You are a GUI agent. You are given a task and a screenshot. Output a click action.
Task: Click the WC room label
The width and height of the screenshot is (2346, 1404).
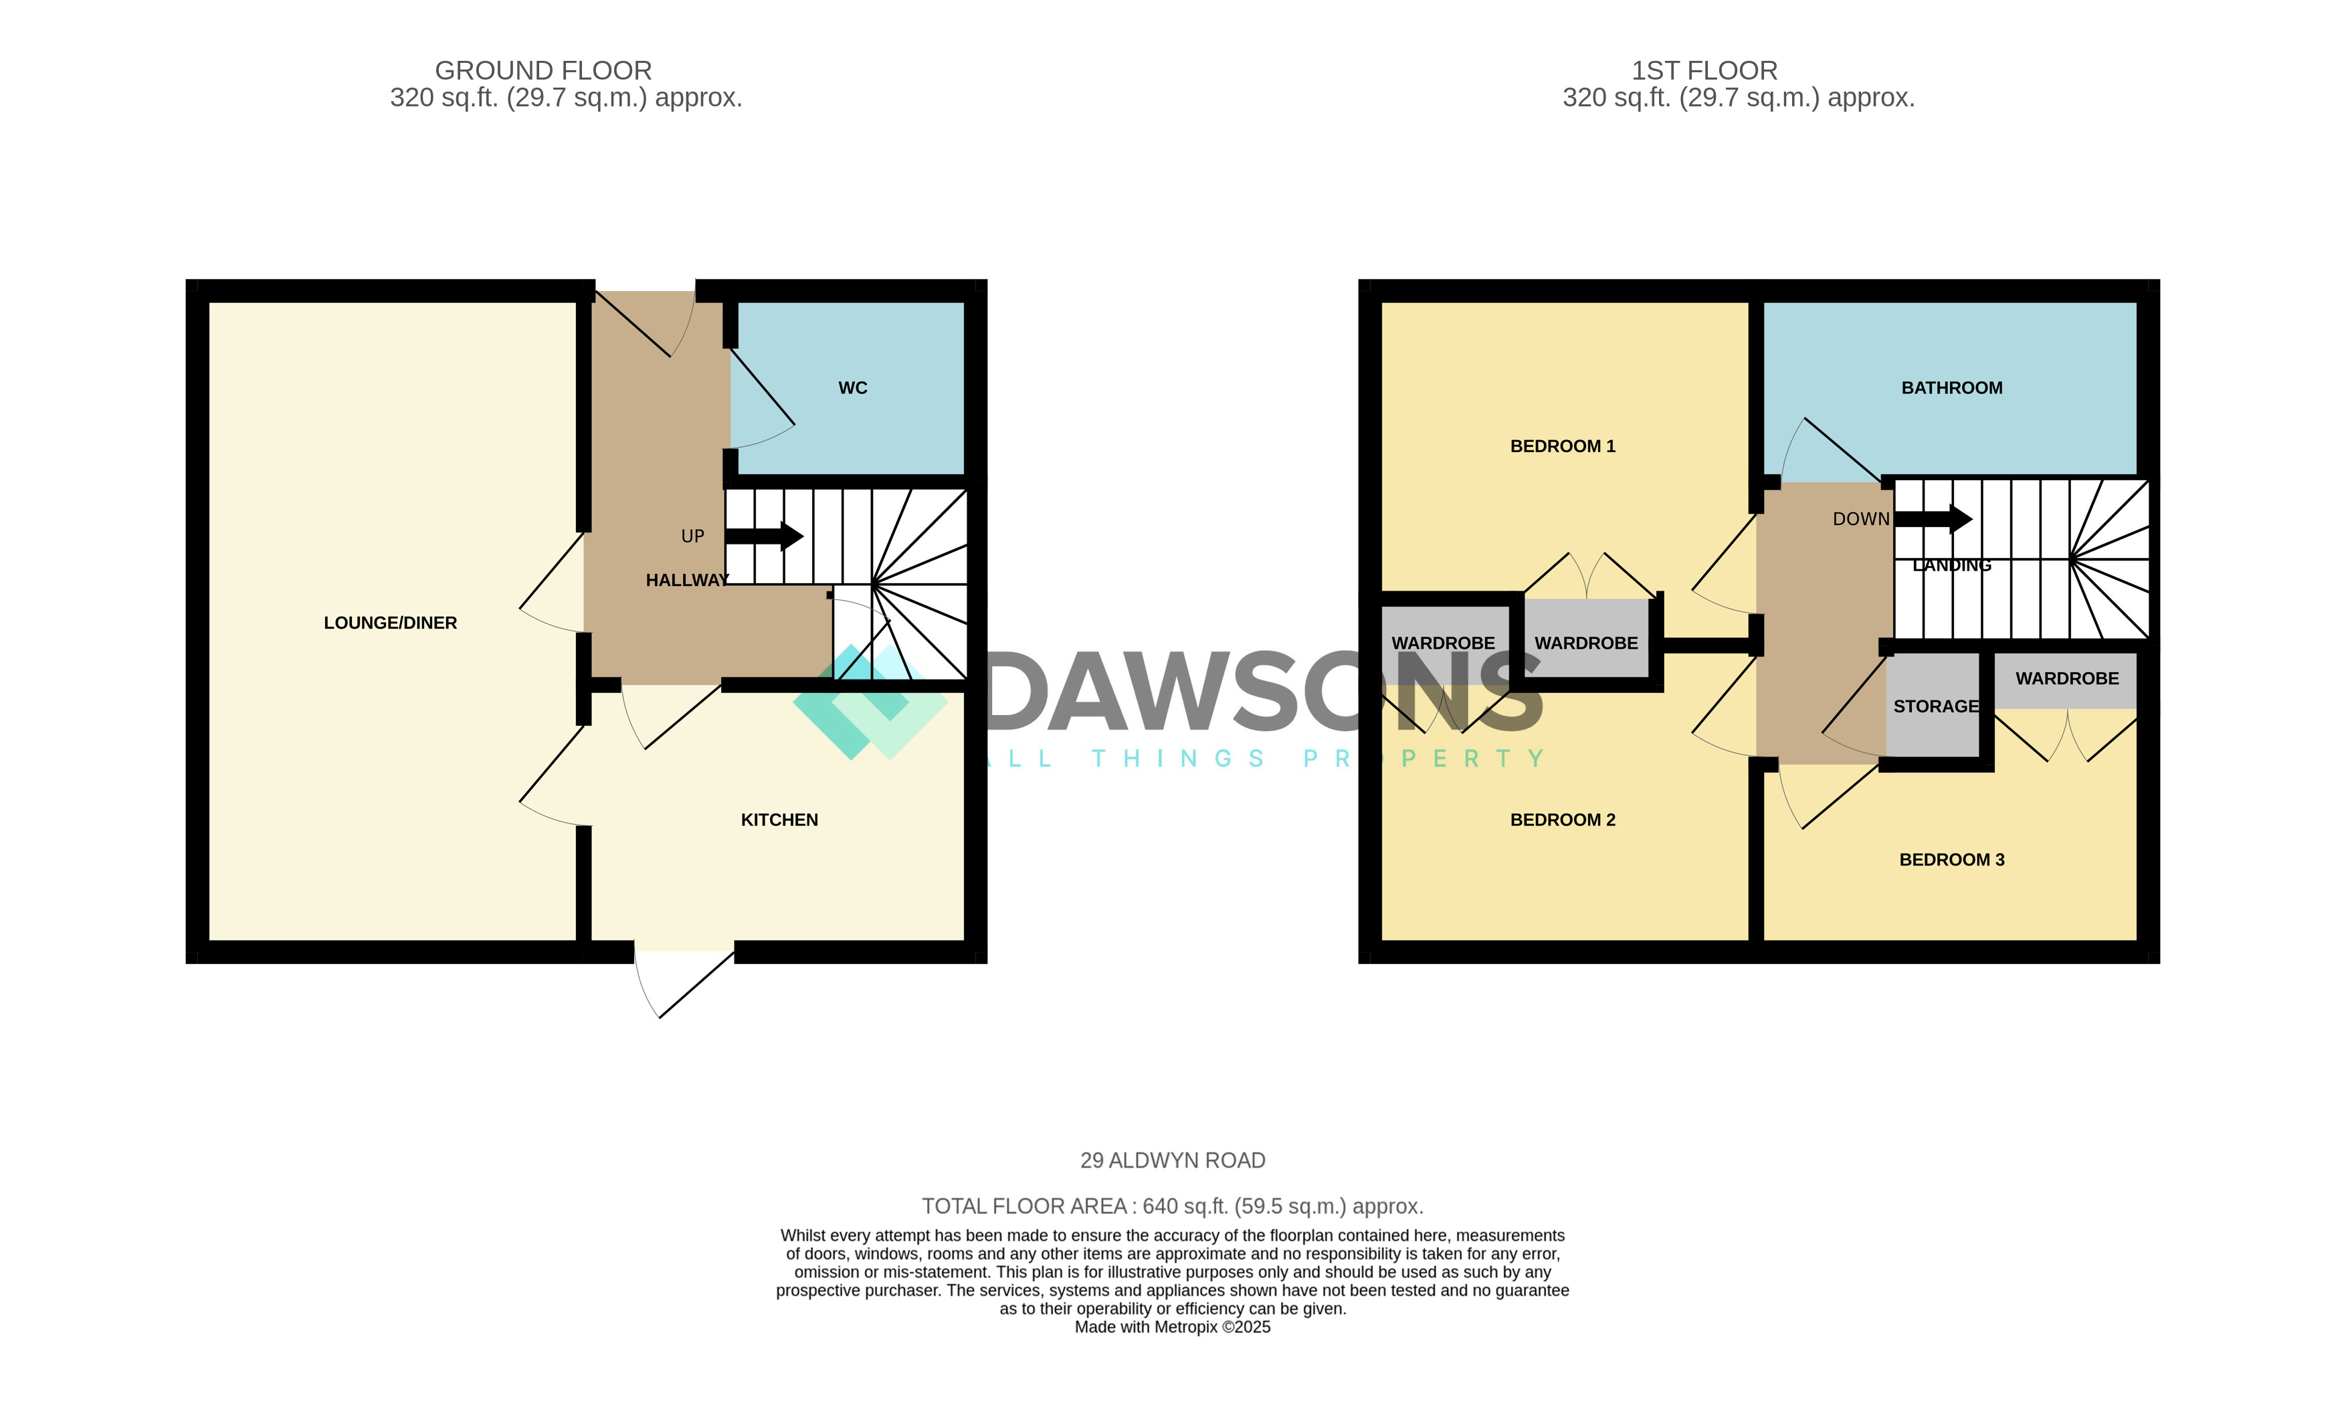852,388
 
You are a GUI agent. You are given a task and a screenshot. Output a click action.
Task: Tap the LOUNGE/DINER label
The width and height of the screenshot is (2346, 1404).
390,623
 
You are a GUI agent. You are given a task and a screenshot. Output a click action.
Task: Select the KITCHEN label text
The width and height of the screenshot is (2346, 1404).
779,820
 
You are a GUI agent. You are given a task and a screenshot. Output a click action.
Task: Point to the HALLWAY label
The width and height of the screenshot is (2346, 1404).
687,580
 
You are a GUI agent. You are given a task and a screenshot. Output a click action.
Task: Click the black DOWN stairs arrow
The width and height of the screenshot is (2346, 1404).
1933,518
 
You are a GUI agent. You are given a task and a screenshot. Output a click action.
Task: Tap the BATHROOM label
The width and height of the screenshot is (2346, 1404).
1951,388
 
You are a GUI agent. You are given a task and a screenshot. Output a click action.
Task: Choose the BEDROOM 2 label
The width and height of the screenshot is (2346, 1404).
1563,820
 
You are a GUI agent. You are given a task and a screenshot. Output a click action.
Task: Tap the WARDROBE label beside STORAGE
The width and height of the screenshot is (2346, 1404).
2067,678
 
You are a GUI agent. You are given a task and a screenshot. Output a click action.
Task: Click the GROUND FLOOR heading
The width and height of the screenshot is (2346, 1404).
543,71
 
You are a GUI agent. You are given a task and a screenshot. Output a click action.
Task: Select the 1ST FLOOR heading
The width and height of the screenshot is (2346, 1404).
1704,71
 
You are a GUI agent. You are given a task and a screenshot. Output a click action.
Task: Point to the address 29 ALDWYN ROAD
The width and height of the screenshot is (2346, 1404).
1173,1160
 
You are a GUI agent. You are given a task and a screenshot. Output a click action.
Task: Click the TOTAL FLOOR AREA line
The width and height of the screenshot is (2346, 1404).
1173,1206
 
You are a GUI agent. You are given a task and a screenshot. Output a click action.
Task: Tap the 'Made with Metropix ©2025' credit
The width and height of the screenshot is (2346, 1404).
1173,1327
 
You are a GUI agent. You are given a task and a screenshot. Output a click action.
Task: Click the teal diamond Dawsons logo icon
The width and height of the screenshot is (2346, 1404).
870,702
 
